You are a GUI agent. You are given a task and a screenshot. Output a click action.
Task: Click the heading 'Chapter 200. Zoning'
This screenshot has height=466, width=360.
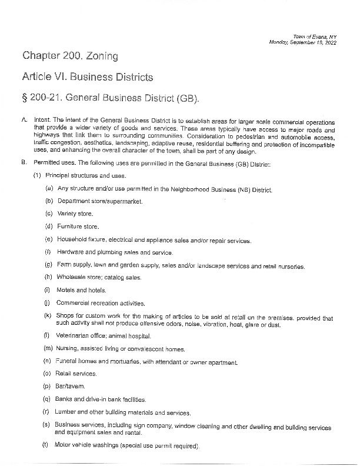70,56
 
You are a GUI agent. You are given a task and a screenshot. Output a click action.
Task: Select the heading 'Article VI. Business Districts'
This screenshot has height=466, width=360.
88,77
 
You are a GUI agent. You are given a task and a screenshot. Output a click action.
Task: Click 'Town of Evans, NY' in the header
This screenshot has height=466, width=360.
314,36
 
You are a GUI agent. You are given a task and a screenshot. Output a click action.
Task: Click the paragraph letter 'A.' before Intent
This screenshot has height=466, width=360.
24,120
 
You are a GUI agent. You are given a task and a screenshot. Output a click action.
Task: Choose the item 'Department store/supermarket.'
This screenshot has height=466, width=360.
99,201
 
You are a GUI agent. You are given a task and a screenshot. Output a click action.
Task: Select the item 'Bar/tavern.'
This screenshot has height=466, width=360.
71,386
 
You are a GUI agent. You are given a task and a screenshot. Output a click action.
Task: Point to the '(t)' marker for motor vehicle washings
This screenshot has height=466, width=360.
45,445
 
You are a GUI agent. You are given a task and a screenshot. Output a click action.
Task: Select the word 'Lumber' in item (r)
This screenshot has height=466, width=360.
66,412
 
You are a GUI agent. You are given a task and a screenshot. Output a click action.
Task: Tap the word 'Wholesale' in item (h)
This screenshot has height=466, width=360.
71,278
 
